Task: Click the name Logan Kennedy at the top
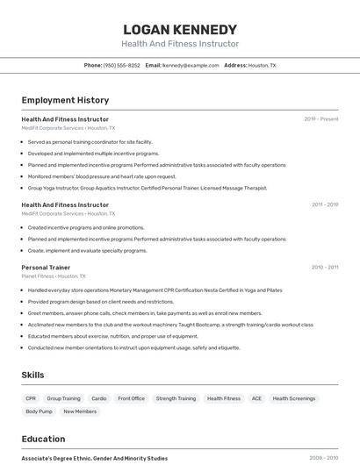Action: click(x=180, y=29)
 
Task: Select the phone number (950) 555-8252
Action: click(x=121, y=66)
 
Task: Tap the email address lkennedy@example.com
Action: click(x=191, y=66)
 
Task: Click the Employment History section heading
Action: click(x=65, y=100)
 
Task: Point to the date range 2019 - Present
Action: click(x=321, y=119)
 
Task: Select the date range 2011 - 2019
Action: click(x=324, y=204)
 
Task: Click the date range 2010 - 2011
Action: click(x=324, y=268)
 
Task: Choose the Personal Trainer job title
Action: click(x=46, y=268)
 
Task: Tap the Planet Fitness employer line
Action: click(x=54, y=276)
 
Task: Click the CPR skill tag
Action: click(x=31, y=398)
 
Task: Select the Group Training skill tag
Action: click(x=63, y=398)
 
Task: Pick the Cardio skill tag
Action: click(x=99, y=398)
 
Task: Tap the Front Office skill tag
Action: click(x=131, y=398)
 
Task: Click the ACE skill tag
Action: click(x=256, y=398)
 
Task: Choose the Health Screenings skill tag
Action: click(x=293, y=398)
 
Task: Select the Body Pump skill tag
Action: click(x=39, y=411)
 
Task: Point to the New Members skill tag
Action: click(x=80, y=411)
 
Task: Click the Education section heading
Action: click(x=43, y=439)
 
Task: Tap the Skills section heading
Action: click(x=32, y=375)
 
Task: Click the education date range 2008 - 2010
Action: click(x=324, y=458)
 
